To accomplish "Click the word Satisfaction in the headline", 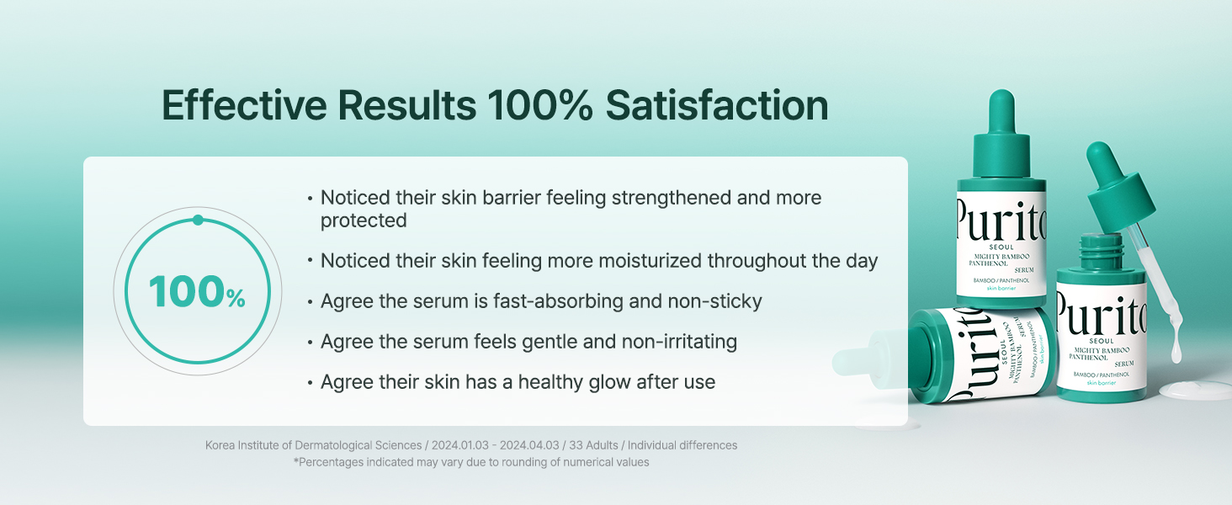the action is (717, 105).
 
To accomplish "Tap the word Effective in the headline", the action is (244, 105).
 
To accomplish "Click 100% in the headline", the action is (539, 105).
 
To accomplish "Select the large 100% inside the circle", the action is (197, 291).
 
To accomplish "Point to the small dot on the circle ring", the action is (198, 220).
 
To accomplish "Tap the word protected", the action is (364, 221).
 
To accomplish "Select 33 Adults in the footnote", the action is (593, 445).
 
